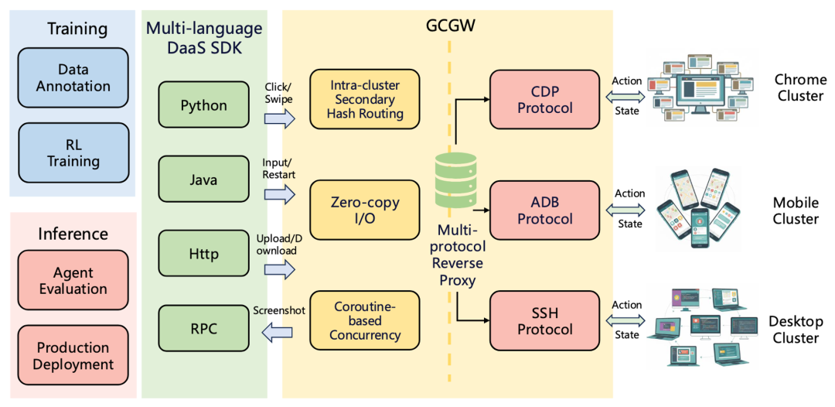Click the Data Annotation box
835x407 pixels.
pos(73,78)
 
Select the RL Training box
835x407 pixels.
pos(73,152)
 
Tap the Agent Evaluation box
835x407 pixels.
pos(73,281)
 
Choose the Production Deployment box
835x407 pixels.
pos(73,355)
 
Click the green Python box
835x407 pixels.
pos(204,105)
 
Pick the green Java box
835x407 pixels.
pos(204,180)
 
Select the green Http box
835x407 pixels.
pos(204,254)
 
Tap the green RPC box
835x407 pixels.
pos(204,328)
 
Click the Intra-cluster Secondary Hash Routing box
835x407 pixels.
pos(365,99)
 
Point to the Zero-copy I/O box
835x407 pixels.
pos(365,210)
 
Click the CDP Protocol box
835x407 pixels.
pos(545,99)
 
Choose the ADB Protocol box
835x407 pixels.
pos(545,210)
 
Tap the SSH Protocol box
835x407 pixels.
pos(545,320)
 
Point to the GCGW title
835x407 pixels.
pos(450,26)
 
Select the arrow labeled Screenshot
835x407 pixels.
pos(278,333)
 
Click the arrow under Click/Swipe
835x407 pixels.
pos(279,118)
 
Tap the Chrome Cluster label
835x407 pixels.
pos(799,88)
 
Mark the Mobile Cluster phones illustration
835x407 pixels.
pos(694,210)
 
